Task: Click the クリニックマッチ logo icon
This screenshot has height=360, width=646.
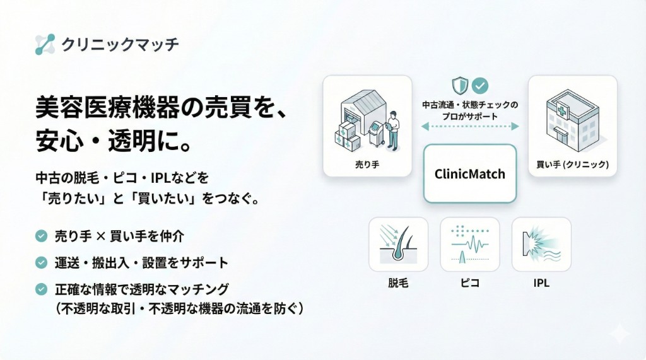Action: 45,44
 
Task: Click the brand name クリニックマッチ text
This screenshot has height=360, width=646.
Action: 120,44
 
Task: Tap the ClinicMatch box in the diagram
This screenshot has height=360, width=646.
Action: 470,173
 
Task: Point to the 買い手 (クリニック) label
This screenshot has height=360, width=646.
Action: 572,165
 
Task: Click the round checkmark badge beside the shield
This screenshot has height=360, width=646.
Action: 481,85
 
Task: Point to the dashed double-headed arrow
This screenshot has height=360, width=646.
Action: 470,127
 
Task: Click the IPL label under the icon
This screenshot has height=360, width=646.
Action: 541,283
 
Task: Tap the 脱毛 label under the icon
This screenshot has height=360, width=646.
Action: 398,283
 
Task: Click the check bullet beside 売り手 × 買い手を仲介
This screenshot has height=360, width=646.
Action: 42,236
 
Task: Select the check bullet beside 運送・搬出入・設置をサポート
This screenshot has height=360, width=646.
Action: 42,262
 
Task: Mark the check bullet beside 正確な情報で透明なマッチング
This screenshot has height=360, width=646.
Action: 42,289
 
